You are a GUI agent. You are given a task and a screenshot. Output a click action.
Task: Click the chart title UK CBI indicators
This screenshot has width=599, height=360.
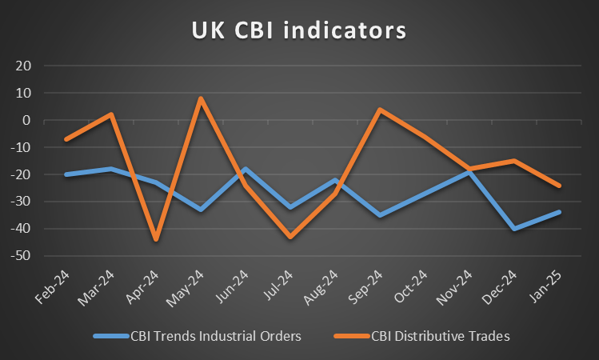point(298,30)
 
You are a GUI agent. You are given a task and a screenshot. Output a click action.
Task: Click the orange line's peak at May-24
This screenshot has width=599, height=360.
point(201,98)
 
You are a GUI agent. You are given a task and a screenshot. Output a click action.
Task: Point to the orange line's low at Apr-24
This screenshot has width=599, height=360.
point(156,239)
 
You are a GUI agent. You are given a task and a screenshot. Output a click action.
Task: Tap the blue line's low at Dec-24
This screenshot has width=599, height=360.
point(514,229)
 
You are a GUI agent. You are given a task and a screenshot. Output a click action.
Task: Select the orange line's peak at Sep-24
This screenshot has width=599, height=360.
point(380,110)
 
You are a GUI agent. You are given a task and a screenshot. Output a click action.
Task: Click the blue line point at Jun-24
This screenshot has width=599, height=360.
point(246,169)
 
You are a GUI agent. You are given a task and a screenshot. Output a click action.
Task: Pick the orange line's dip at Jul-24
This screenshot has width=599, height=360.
point(290,237)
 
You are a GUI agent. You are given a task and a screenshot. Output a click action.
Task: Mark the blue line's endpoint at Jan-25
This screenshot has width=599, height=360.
point(559,212)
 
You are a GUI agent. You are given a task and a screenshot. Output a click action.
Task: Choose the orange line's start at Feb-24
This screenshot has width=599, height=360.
point(66,139)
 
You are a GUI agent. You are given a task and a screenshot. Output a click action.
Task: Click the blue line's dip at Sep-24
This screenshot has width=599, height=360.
point(380,215)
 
